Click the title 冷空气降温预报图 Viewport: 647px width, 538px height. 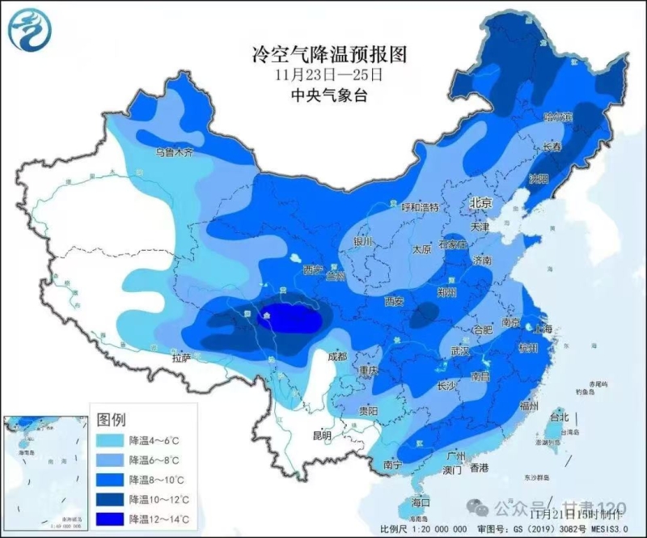click(328, 55)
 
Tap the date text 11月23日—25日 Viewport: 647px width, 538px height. click(328, 75)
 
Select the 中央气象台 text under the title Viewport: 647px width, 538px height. click(328, 95)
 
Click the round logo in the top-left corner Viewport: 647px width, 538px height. click(30, 30)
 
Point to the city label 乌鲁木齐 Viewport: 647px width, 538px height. click(175, 152)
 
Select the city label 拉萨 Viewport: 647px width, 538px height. click(181, 357)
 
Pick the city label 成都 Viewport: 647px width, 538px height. click(336, 357)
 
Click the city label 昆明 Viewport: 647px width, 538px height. click(322, 436)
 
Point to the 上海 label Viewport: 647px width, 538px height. click(543, 328)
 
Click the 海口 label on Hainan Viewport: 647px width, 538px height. click(421, 502)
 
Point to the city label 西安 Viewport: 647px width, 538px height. click(394, 301)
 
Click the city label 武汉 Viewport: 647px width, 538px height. click(460, 351)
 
